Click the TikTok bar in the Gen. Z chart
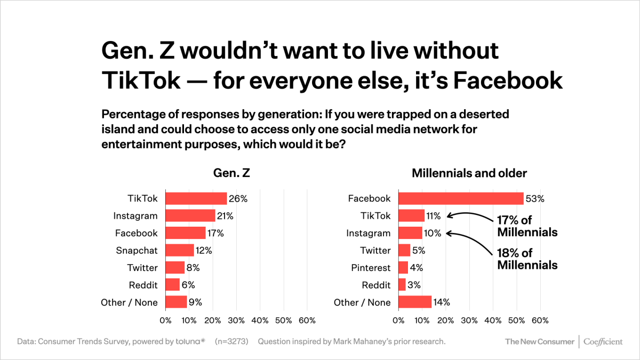click(196, 198)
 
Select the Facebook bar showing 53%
click(461, 198)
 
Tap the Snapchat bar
click(180, 250)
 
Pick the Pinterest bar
click(403, 268)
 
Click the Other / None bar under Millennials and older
click(415, 302)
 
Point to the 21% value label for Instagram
click(225, 216)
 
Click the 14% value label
click(442, 302)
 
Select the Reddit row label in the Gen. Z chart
click(143, 285)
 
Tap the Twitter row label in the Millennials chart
click(375, 251)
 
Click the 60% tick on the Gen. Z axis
click(307, 321)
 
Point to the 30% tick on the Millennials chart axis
click(469, 321)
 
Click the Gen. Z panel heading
click(231, 173)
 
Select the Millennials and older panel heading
click(469, 173)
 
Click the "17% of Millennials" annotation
click(527, 226)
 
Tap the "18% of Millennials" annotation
click(527, 259)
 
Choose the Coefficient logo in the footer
click(603, 342)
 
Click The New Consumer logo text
click(539, 342)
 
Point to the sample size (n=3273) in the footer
click(231, 341)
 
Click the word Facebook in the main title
click(508, 81)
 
